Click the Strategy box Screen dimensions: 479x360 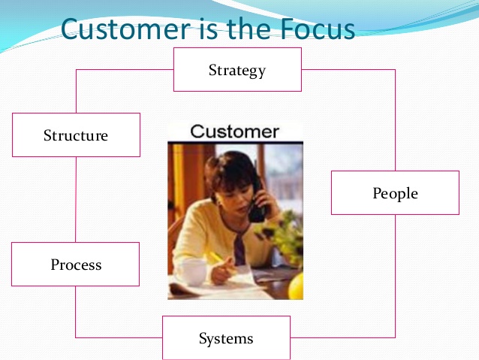pos(237,69)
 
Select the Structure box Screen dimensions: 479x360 pos(76,135)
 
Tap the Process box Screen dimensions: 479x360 pos(76,265)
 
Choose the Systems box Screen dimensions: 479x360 pos(226,337)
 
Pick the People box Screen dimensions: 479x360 pos(396,192)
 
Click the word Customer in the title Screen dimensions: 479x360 pos(125,29)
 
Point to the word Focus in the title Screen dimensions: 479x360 pos(317,29)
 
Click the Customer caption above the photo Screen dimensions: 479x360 pos(234,132)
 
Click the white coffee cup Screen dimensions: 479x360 pos(193,271)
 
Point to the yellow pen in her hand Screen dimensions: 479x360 pos(218,259)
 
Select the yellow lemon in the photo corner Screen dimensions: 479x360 pos(296,286)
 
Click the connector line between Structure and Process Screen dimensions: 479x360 pos(76,200)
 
